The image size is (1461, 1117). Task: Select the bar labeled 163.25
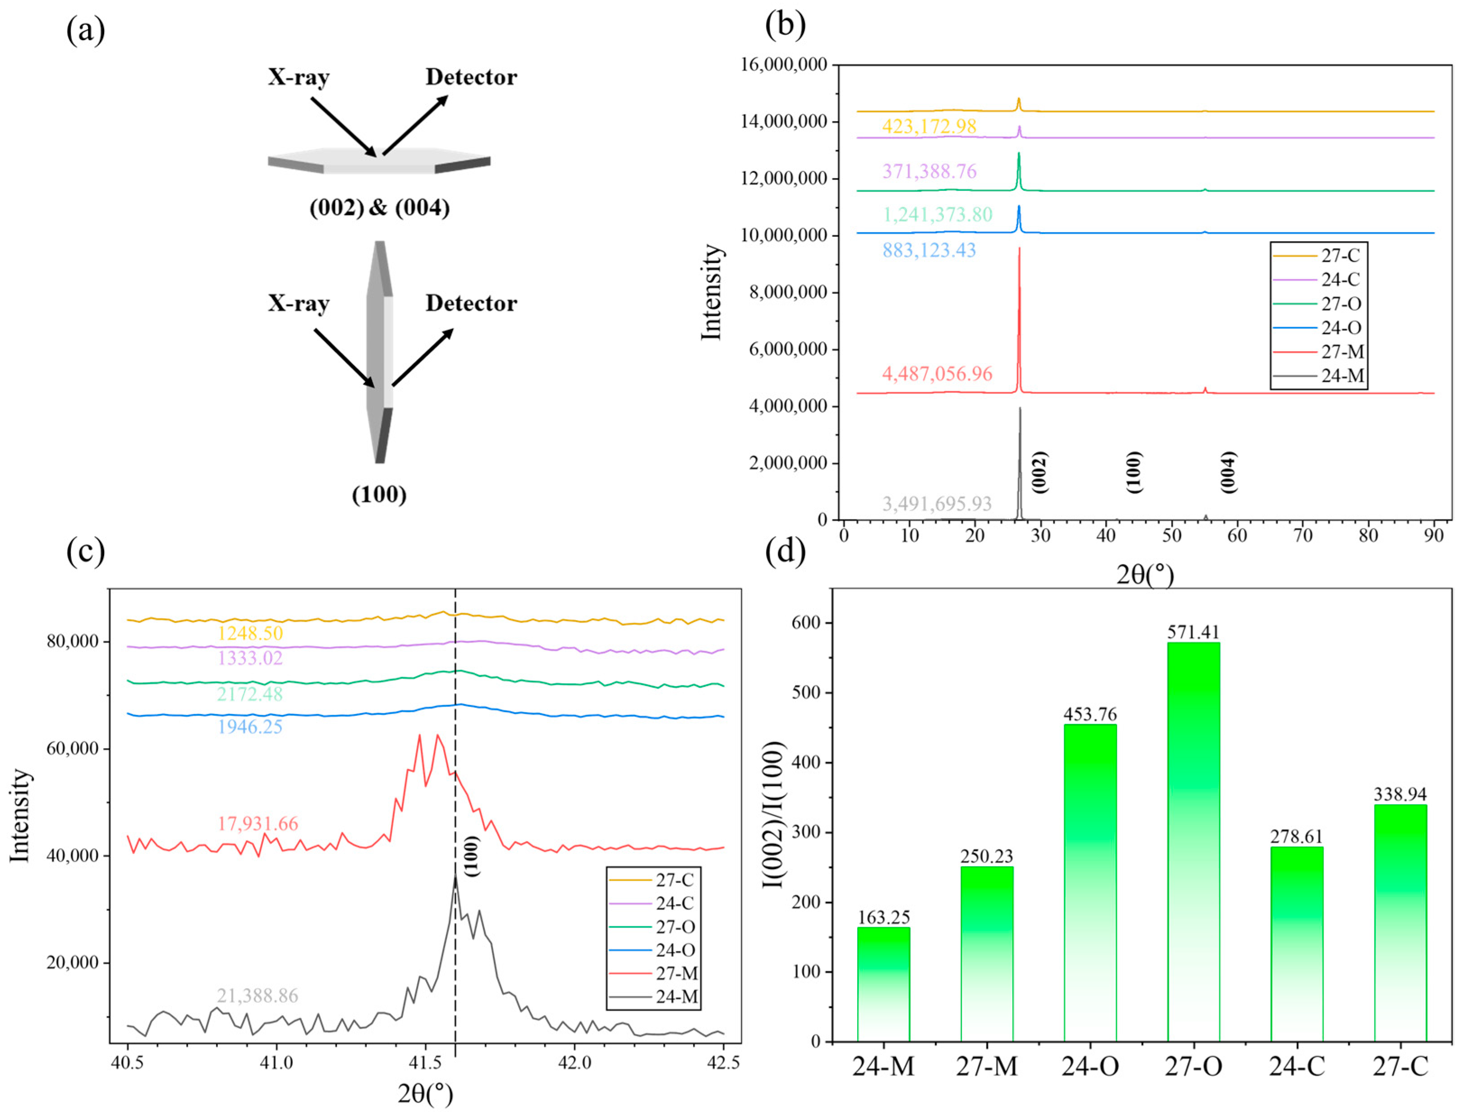point(883,984)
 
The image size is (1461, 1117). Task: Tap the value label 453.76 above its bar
point(1090,714)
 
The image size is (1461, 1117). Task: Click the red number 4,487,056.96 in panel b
point(937,374)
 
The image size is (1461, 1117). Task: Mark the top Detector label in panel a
point(471,77)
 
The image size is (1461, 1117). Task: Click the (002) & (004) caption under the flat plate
point(380,208)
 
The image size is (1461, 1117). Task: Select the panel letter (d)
point(785,551)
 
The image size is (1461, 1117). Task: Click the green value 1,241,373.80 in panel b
point(937,214)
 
